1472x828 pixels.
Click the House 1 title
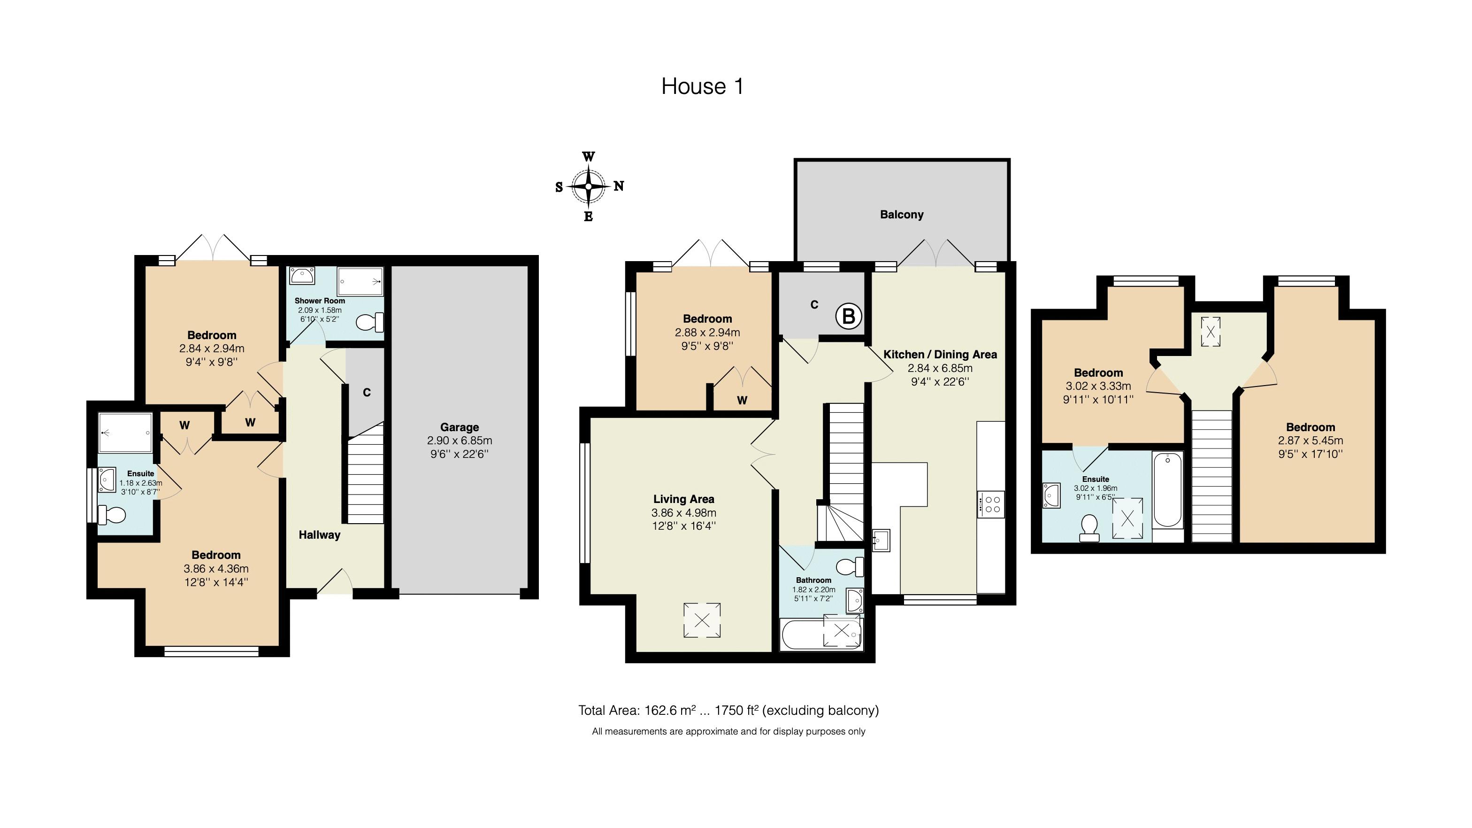click(x=702, y=86)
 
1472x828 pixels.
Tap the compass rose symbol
click(x=589, y=186)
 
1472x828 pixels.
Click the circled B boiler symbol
click(x=849, y=316)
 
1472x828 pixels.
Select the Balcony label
click(x=902, y=215)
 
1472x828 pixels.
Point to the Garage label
click(x=460, y=427)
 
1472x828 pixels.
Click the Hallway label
click(x=320, y=534)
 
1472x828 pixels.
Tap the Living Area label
click(x=683, y=499)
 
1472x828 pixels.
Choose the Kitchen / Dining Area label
click(x=940, y=355)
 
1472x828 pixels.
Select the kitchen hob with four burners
click(x=991, y=504)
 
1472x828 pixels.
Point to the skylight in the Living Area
click(x=702, y=620)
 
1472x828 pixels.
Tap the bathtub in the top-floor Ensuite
click(x=1167, y=489)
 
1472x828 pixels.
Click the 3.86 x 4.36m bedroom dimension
click(x=216, y=569)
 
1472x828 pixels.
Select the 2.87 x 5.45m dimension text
click(x=1310, y=441)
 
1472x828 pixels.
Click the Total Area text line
click(x=728, y=710)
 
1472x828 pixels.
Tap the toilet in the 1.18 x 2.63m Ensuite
click(x=112, y=516)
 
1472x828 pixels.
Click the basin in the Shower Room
click(x=301, y=276)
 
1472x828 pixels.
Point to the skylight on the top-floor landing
click(x=1210, y=332)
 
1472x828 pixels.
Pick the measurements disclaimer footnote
click(x=728, y=731)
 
